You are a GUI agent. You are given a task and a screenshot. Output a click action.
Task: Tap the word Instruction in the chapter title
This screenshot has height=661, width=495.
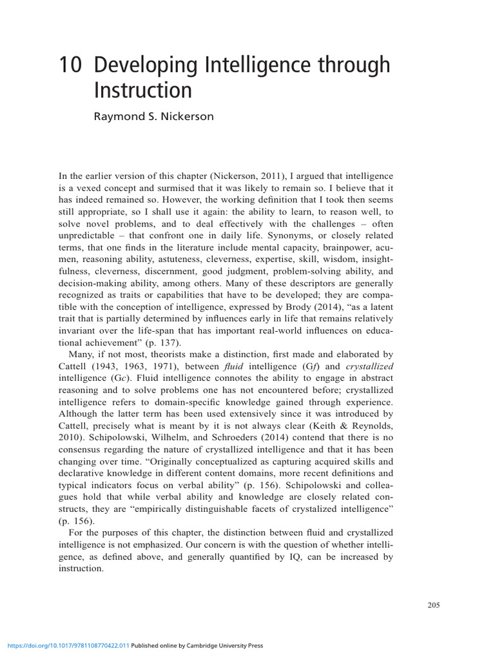pos(143,90)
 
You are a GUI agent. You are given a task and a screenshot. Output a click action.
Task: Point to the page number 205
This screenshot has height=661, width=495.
pos(433,605)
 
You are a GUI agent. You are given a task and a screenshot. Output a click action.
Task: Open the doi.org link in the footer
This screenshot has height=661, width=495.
pos(68,645)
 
